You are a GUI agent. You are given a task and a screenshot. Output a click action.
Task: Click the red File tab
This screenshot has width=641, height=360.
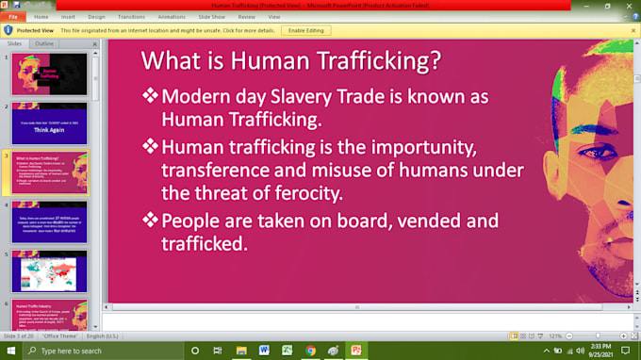click(13, 17)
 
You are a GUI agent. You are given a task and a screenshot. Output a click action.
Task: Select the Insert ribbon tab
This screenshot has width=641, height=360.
click(69, 17)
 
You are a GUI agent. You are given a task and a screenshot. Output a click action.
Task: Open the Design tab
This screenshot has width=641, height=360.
click(97, 17)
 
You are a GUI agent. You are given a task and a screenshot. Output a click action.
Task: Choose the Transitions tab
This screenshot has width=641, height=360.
click(132, 17)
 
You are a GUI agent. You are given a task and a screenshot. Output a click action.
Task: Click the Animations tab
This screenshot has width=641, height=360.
click(173, 17)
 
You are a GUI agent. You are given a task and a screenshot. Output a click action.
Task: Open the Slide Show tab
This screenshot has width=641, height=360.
click(212, 17)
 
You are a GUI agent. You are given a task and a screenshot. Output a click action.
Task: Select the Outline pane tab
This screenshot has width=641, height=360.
click(44, 43)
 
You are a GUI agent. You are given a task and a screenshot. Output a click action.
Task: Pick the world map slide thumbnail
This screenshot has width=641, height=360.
click(50, 271)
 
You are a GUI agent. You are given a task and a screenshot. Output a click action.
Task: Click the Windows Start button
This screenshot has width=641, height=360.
click(11, 351)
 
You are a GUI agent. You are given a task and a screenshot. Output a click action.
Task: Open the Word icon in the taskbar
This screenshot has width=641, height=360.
click(264, 351)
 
